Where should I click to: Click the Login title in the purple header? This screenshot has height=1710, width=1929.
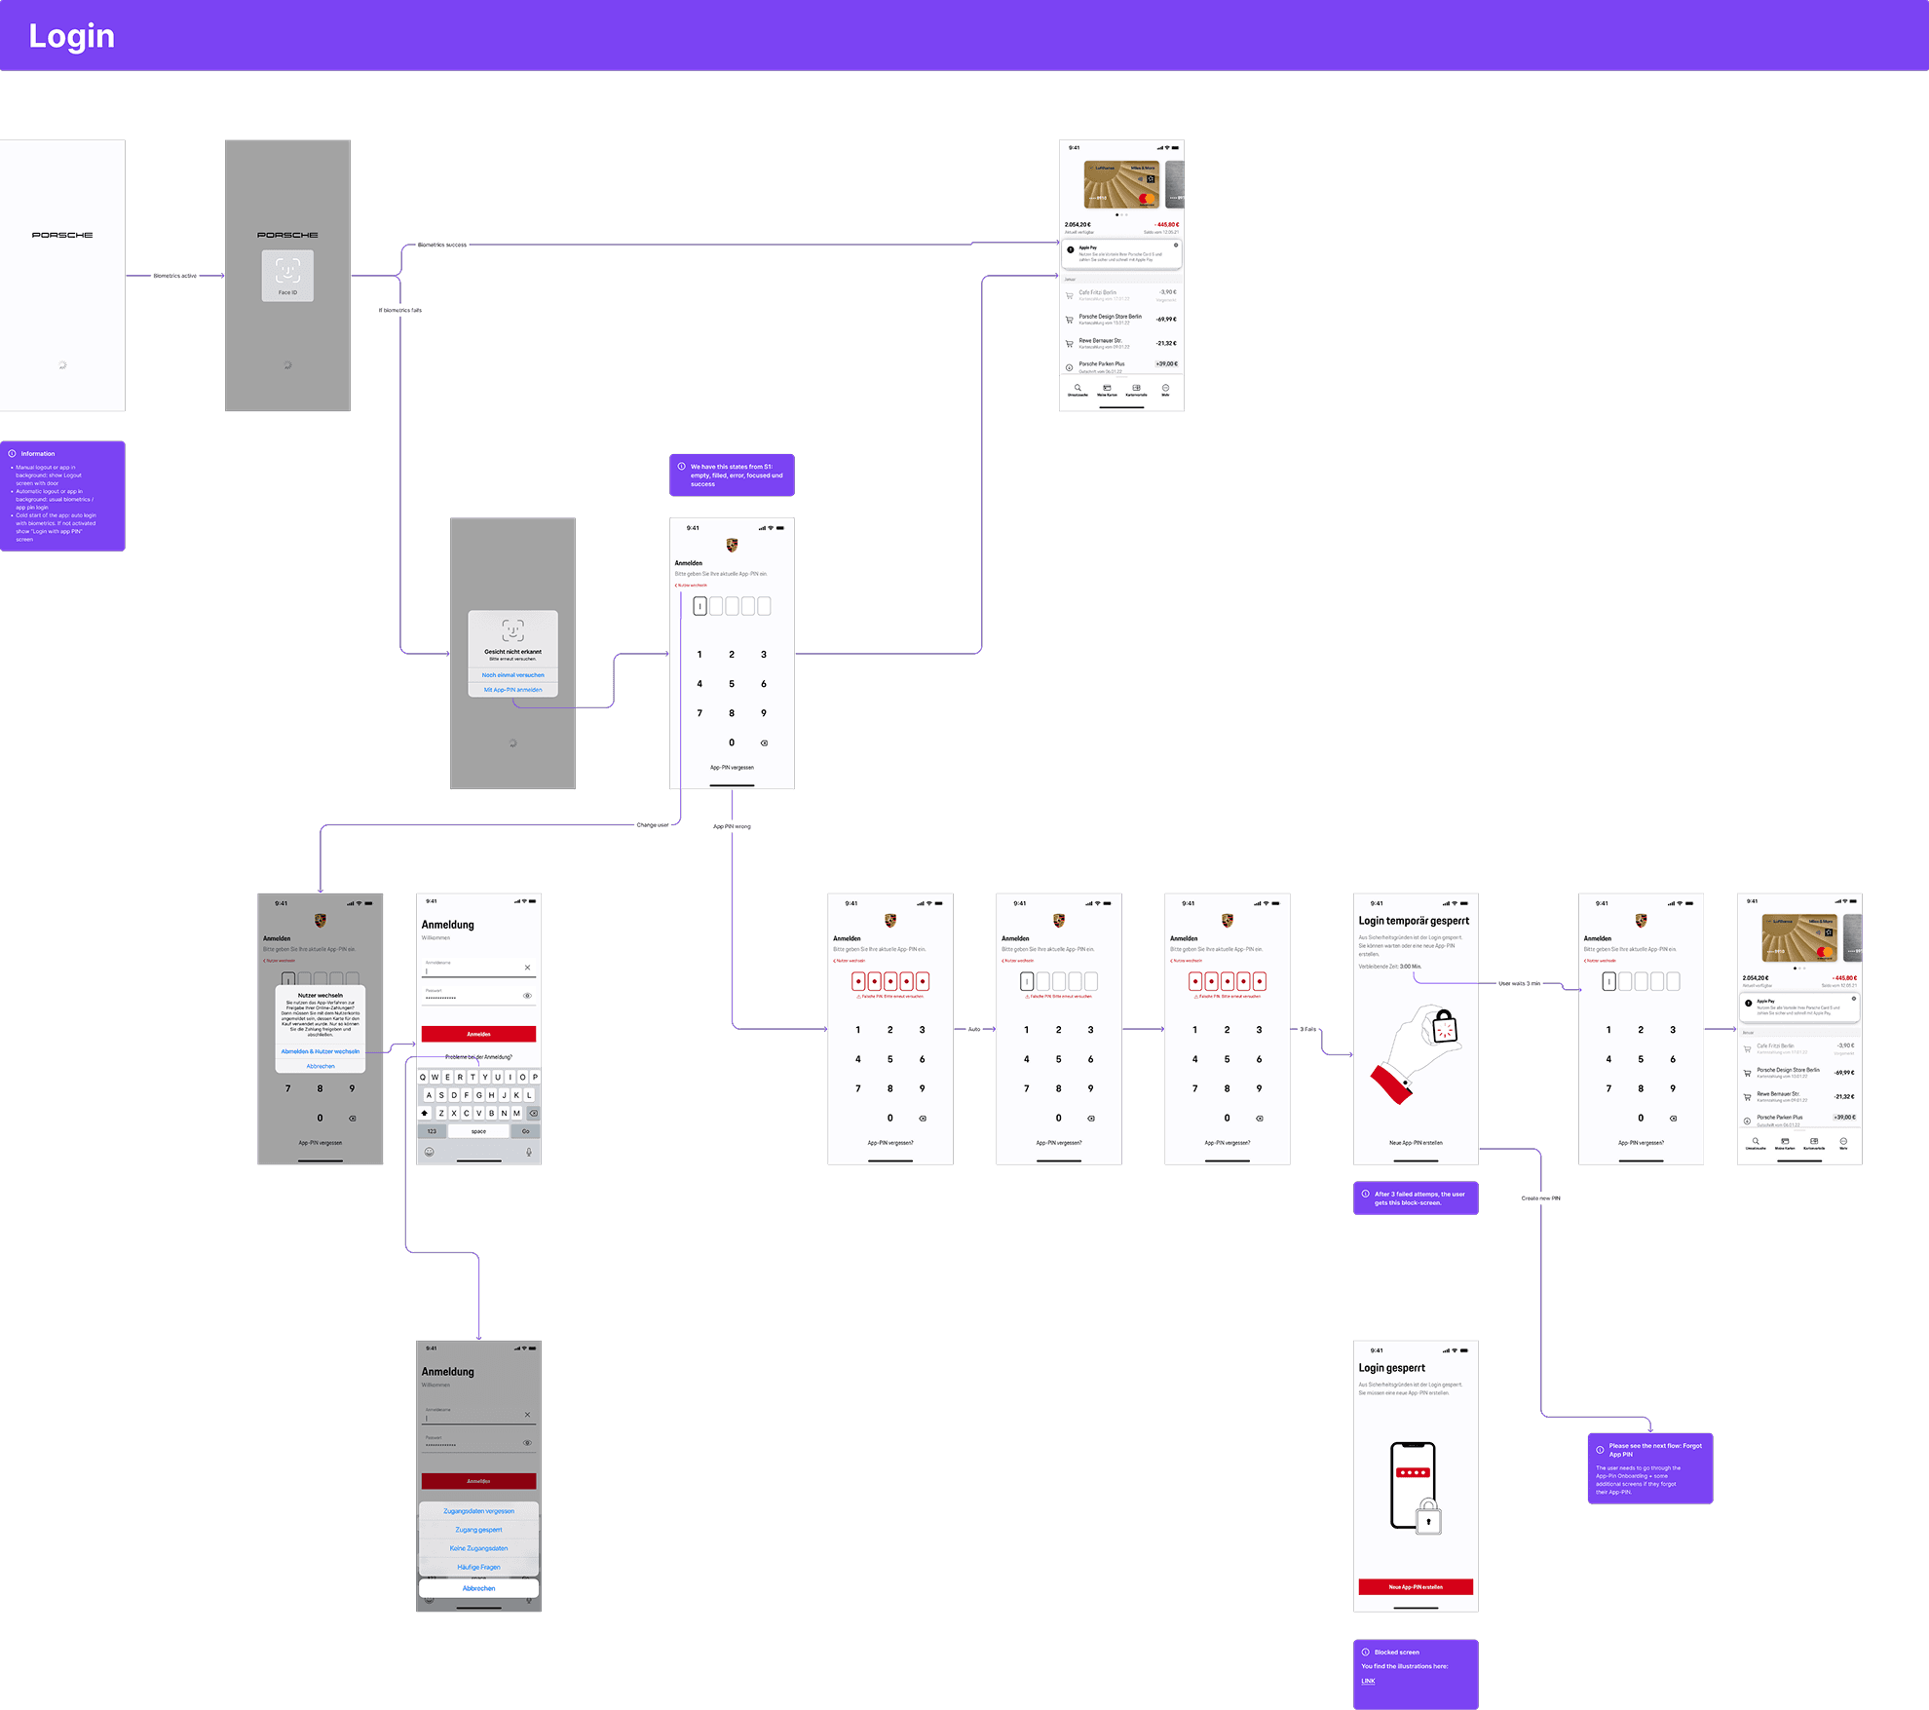(71, 36)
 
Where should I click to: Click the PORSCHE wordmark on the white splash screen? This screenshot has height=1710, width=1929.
(62, 235)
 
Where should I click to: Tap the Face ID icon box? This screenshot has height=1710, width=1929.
(287, 275)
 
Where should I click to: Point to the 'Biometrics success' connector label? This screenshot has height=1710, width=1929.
(441, 245)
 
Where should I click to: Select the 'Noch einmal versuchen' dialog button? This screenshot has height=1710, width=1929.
(512, 675)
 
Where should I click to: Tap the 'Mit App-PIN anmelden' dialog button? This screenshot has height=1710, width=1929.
(512, 690)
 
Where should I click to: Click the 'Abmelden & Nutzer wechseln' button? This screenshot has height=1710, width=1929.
(320, 1051)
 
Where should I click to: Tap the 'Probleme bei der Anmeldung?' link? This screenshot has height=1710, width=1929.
(478, 1057)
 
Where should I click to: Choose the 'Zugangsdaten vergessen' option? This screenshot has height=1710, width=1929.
(478, 1511)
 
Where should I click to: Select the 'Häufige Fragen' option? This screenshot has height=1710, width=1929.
(478, 1567)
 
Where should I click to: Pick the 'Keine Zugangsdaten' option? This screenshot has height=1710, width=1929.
(478, 1548)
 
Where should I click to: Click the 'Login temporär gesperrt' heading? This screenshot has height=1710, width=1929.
(1414, 921)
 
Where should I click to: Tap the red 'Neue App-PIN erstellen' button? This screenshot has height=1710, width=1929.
(1415, 1587)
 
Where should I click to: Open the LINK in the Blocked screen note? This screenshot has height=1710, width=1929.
(1368, 1681)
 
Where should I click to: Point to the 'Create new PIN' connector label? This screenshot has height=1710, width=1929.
(1540, 1197)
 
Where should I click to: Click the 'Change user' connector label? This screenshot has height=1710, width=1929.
(653, 825)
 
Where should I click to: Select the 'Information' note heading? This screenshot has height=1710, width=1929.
(38, 454)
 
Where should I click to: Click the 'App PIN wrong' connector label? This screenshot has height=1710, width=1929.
(732, 826)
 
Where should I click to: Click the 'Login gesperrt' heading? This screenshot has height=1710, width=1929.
(1391, 1368)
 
